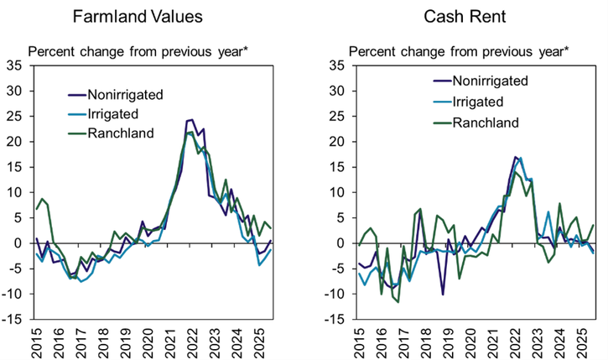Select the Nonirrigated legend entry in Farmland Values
click(125, 95)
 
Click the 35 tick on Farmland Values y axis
click(15, 65)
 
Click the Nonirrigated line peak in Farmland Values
click(191, 120)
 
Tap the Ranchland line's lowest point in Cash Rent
click(398, 301)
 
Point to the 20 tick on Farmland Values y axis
click(15, 142)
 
